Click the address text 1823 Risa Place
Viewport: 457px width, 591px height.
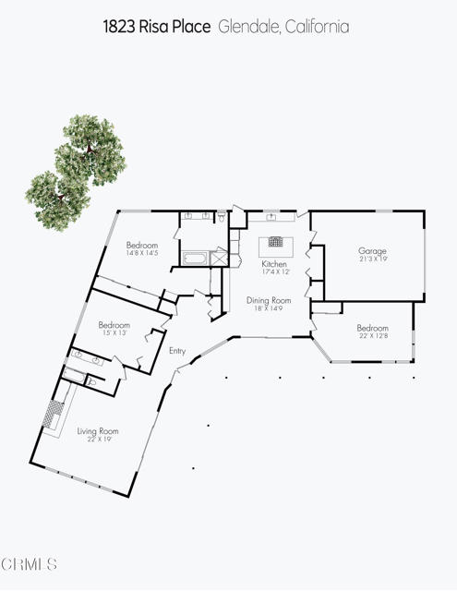coord(158,27)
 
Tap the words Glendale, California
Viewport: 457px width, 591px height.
coord(283,27)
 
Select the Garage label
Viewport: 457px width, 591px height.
coord(372,250)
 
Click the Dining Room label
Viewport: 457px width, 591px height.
coord(268,300)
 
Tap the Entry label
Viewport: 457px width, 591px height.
coord(177,350)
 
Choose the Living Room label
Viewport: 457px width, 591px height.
coord(97,430)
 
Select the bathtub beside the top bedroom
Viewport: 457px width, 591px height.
coord(196,258)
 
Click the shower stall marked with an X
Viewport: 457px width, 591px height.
coord(219,259)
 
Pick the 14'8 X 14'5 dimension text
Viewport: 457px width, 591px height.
coord(142,252)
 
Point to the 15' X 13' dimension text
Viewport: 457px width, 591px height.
coord(114,333)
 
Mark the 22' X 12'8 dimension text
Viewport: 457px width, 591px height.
coord(372,336)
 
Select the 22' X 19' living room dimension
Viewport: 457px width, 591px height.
coord(97,439)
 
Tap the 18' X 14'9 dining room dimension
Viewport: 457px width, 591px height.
coord(268,308)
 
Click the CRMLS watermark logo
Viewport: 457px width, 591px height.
coord(29,563)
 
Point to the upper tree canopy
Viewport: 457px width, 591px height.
coord(90,148)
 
